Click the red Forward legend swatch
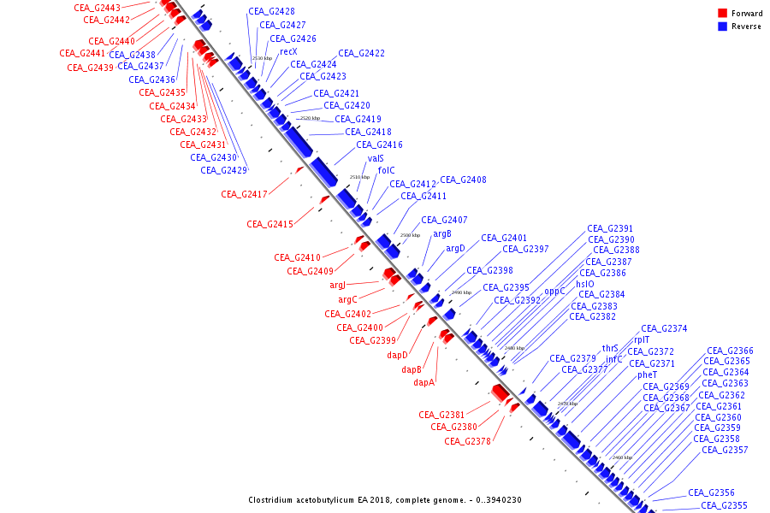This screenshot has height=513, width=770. (722, 13)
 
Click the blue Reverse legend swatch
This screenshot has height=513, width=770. (722, 26)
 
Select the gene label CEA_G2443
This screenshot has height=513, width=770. (97, 8)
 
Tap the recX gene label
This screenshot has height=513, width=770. (288, 52)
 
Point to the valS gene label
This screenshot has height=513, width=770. (376, 158)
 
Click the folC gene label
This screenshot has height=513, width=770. (386, 170)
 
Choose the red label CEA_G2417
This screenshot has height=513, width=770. (244, 195)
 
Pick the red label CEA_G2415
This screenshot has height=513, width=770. (269, 224)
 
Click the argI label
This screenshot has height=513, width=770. (337, 285)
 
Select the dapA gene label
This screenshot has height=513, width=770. (424, 382)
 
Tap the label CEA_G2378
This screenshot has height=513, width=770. (468, 441)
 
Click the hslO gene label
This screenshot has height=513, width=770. (584, 284)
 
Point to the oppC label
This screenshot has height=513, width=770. (554, 291)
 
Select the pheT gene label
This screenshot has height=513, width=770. (647, 374)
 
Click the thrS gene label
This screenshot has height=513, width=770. (610, 348)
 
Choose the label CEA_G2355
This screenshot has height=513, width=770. (724, 505)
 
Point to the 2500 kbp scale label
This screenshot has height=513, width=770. (411, 234)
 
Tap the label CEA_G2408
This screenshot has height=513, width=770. (463, 180)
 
